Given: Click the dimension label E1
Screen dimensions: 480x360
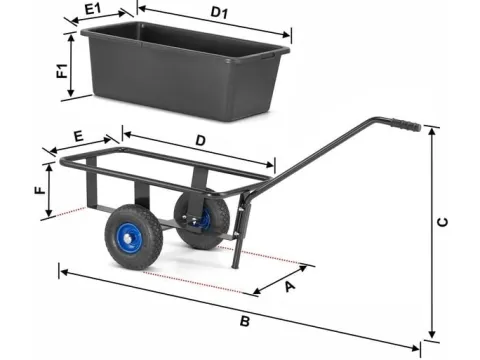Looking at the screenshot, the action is tap(93, 8).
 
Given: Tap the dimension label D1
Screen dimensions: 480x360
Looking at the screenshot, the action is tap(219, 13).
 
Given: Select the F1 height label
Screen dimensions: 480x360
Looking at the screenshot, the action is tap(62, 71).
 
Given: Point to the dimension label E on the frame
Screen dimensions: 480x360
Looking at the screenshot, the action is tap(78, 136).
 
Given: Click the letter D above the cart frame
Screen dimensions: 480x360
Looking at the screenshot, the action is tap(200, 141).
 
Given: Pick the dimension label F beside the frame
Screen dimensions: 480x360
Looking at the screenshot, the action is tap(40, 190).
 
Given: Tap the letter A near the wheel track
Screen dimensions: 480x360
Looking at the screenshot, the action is tap(289, 286).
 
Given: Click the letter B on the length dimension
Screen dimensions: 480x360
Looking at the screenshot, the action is tap(245, 321).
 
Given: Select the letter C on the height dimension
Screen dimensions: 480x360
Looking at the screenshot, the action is tap(442, 222).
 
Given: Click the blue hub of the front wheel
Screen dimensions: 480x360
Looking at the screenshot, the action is tap(129, 239).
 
